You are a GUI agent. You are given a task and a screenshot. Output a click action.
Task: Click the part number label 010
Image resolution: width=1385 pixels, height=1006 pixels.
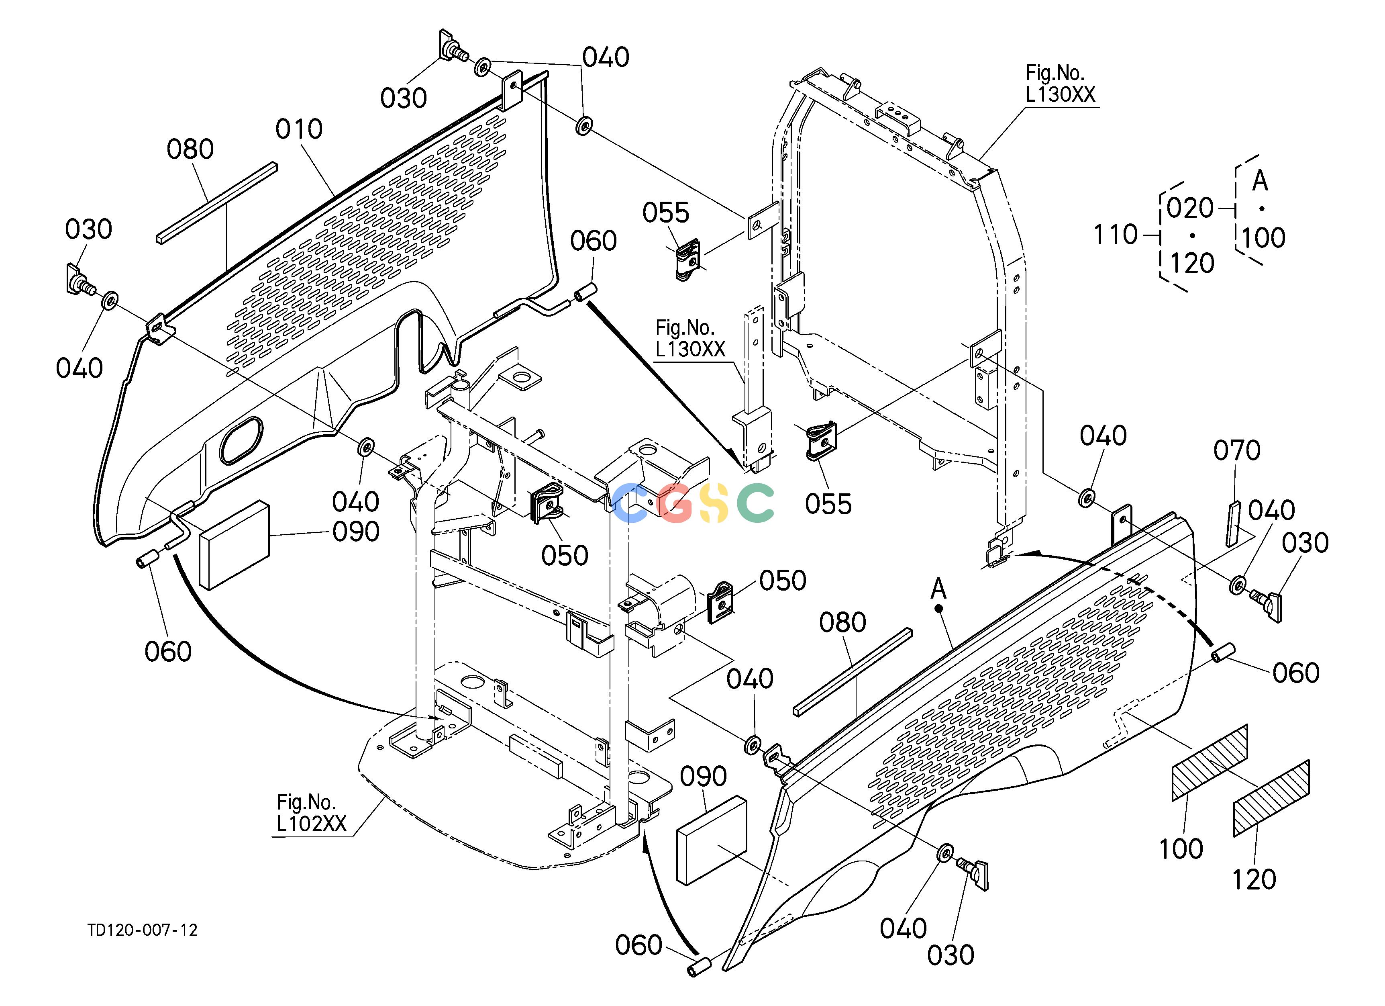click(x=299, y=129)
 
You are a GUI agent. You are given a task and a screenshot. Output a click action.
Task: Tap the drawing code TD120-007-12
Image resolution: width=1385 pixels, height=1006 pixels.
click(x=142, y=930)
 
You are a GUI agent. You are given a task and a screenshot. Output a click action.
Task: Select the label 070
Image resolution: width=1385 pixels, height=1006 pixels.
click(x=1236, y=451)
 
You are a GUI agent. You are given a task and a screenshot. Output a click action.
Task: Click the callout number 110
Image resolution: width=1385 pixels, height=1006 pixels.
click(x=1115, y=235)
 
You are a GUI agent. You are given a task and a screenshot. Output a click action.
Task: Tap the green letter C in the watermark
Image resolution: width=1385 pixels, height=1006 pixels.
click(x=755, y=503)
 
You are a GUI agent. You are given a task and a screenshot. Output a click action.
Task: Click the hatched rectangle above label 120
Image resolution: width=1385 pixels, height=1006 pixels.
click(x=1271, y=798)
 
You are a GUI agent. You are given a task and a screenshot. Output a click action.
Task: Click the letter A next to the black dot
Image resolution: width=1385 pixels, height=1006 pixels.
click(x=938, y=589)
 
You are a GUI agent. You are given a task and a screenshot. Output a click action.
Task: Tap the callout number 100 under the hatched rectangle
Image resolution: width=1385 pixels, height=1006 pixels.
click(x=1181, y=849)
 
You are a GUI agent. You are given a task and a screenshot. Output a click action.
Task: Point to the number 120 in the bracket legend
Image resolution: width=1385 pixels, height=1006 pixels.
click(x=1192, y=264)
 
